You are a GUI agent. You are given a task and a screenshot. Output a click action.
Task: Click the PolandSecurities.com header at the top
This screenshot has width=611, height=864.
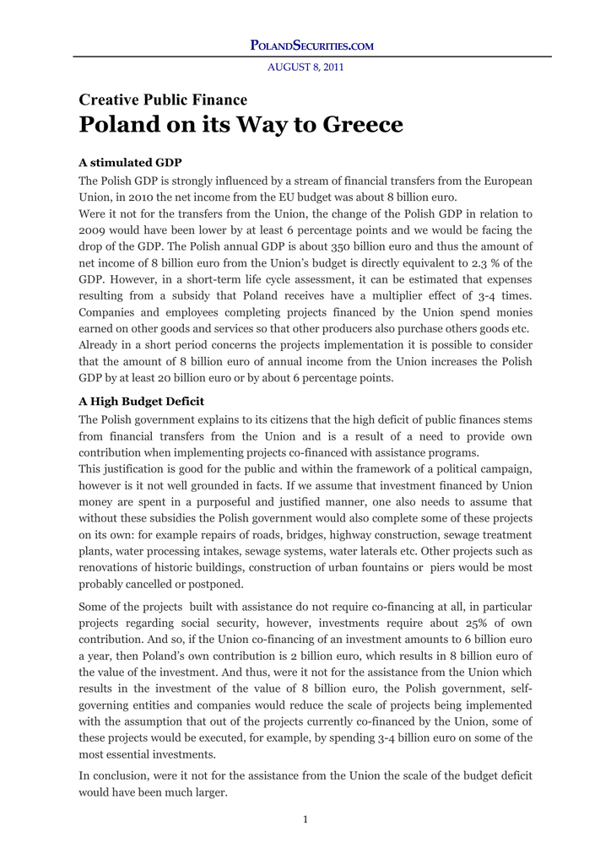(x=311, y=45)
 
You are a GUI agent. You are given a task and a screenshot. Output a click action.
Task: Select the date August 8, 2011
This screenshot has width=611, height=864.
(x=305, y=67)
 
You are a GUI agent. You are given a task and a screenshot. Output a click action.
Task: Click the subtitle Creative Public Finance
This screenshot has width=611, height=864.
(x=163, y=100)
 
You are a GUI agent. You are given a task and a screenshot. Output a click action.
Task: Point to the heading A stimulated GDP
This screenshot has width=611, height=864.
(x=130, y=162)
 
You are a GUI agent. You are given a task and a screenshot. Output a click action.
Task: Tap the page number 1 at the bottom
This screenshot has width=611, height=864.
(x=305, y=819)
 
